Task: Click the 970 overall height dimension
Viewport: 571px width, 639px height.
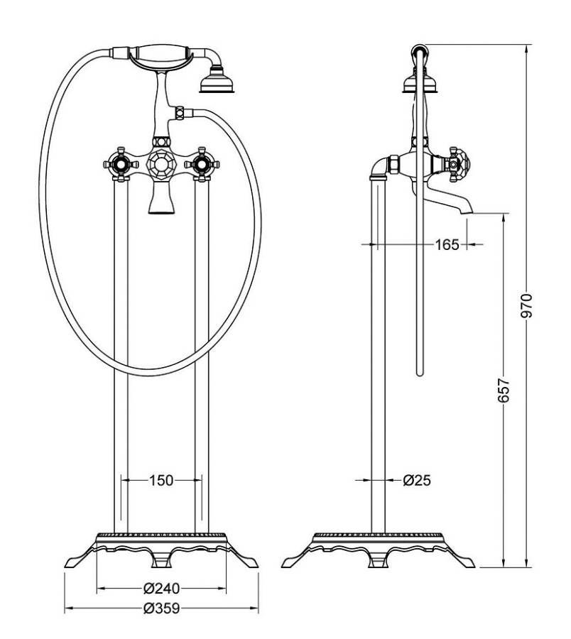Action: pos(527,305)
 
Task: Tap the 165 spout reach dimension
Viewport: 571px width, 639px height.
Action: pos(447,244)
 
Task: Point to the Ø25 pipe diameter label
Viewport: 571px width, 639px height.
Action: pos(417,481)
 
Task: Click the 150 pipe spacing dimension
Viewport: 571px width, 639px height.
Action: pos(161,481)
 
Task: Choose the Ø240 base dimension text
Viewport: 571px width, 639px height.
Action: pos(161,589)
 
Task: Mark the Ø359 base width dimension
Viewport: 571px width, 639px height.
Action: pos(161,608)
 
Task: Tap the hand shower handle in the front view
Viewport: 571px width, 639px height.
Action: pos(161,55)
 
